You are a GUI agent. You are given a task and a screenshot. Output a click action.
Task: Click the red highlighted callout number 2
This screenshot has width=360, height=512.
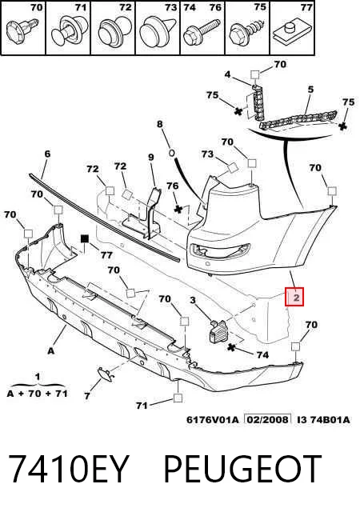tap(294, 297)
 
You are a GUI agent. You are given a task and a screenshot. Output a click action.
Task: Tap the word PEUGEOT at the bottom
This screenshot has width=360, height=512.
tap(242, 470)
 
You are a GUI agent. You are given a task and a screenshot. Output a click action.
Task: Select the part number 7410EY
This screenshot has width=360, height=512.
tap(68, 470)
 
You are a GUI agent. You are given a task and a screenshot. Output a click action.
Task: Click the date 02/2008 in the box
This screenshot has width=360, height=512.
tap(267, 419)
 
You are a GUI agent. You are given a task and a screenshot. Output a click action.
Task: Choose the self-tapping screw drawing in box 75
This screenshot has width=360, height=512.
tap(246, 33)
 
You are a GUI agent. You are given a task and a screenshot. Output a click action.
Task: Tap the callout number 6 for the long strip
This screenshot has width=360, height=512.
tap(47, 154)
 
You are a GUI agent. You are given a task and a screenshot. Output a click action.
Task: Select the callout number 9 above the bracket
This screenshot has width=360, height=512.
tap(150, 158)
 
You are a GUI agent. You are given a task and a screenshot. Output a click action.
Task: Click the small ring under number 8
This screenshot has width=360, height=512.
tap(172, 153)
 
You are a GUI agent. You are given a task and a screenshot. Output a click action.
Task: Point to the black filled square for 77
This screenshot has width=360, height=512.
tap(85, 238)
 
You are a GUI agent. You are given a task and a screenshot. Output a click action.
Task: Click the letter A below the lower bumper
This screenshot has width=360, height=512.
tap(50, 351)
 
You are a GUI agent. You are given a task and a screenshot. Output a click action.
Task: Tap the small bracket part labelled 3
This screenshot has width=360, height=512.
tap(218, 330)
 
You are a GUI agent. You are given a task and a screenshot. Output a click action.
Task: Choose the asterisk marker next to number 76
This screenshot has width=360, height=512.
tap(178, 209)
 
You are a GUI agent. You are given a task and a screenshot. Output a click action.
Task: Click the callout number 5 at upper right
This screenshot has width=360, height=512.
tap(310, 89)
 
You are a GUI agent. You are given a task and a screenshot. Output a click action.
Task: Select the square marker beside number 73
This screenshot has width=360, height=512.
tap(234, 167)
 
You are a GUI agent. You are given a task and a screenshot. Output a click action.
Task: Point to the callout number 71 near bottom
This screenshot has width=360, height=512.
tap(142, 406)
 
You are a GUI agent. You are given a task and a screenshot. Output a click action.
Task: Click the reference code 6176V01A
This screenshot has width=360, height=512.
tap(213, 419)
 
